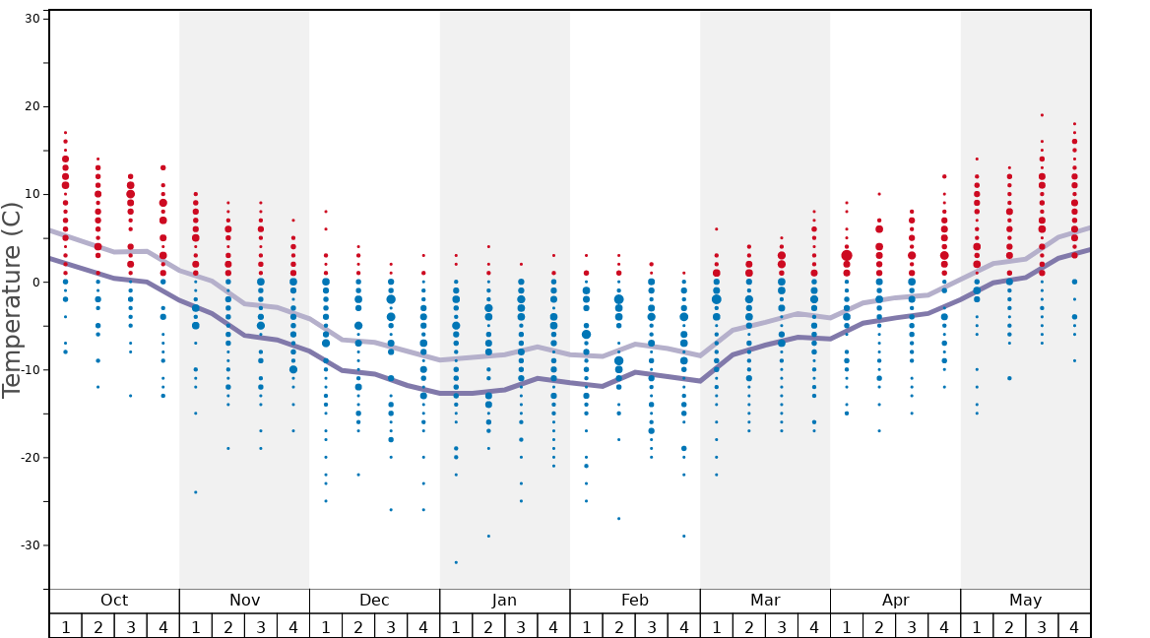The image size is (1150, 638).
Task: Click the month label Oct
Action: (114, 601)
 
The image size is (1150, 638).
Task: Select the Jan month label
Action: (504, 601)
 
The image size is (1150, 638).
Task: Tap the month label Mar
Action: (765, 601)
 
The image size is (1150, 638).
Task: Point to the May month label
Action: (1025, 601)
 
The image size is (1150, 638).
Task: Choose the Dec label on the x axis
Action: (374, 601)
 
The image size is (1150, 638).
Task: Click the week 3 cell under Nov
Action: (261, 626)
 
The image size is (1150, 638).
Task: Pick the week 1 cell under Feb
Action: (586, 626)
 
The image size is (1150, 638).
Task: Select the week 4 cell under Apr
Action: (944, 626)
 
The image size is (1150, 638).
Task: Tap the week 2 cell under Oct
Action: (97, 626)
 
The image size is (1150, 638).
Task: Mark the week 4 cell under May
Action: (1074, 626)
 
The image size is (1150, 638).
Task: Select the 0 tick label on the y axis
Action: (34, 283)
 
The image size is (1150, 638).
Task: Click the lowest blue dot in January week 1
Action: (456, 562)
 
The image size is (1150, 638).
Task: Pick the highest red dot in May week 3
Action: (1042, 115)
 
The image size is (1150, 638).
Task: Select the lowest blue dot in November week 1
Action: (196, 492)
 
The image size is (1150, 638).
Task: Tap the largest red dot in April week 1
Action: (847, 255)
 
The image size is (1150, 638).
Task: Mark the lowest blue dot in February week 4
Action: (683, 537)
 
